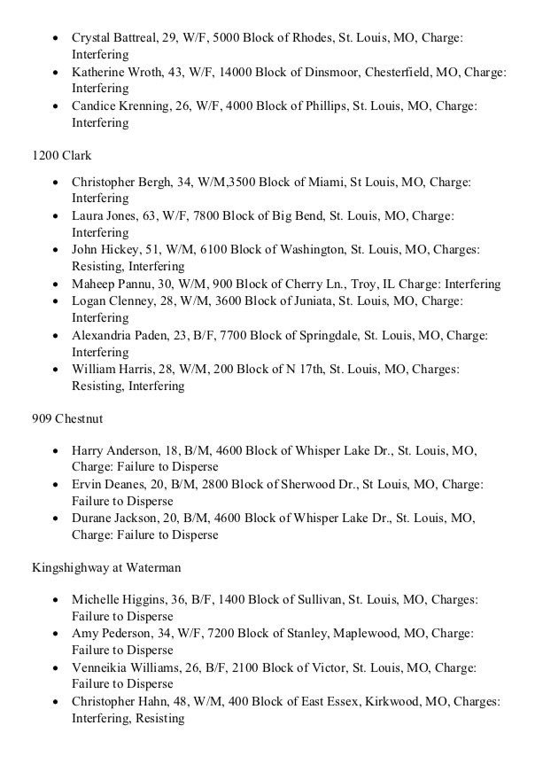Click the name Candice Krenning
(x=119, y=107)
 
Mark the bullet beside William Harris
(x=57, y=370)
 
